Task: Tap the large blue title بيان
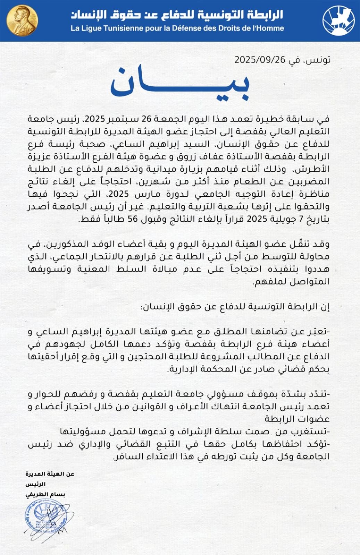180,83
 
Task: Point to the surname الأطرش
316,169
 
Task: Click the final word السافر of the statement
127,456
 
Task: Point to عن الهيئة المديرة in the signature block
50,474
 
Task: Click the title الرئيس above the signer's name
35,484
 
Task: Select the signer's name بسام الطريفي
45,494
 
